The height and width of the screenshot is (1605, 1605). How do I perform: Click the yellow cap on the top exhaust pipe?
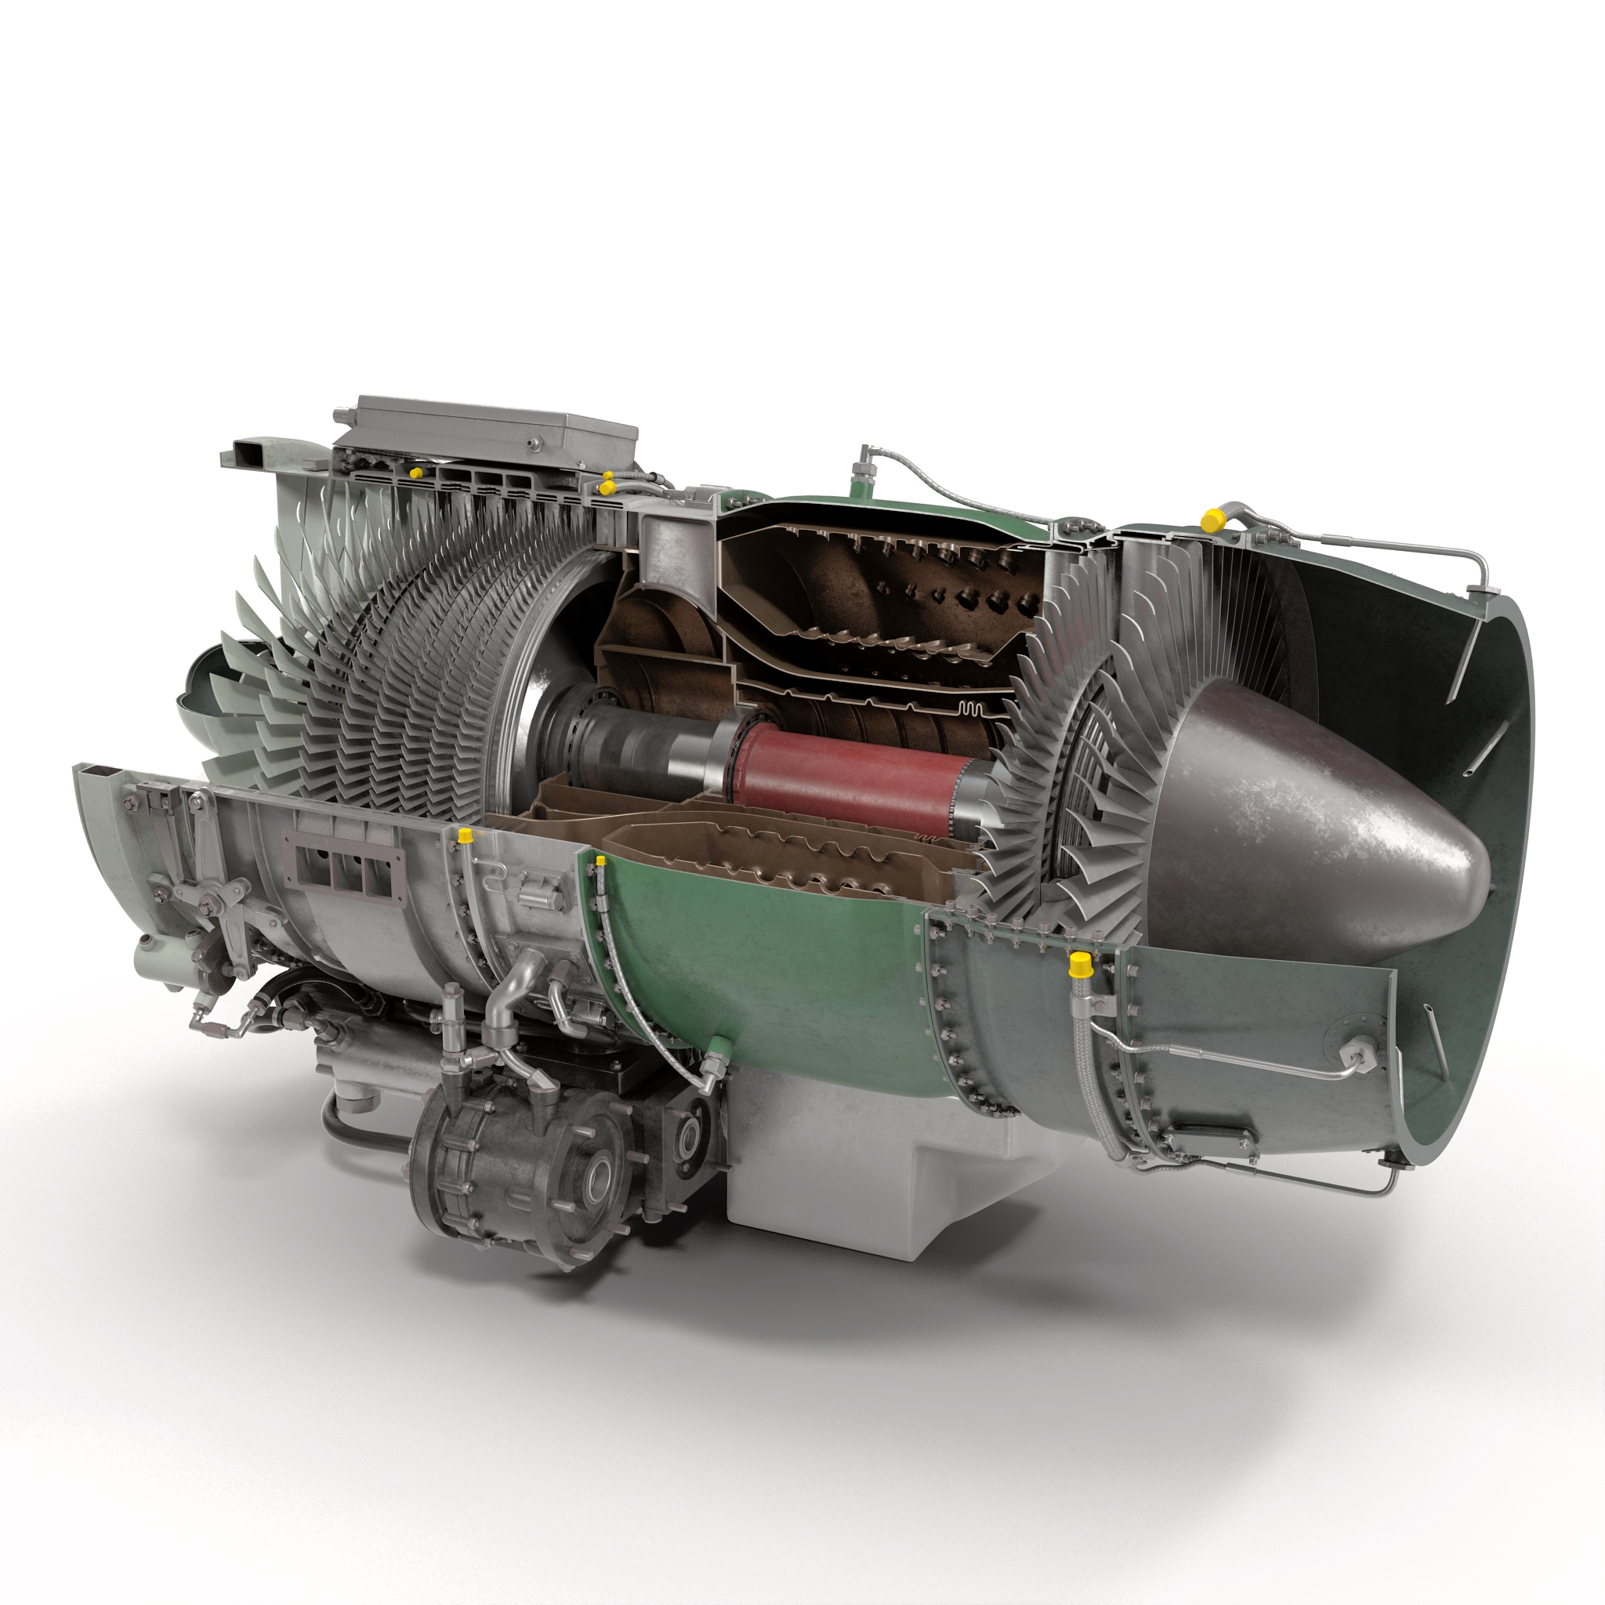coord(1212,520)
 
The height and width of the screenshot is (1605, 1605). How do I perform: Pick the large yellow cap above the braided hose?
coord(1079,965)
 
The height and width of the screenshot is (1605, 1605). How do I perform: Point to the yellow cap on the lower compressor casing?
coord(466,833)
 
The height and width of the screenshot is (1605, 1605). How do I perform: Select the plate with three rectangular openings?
coord(342,864)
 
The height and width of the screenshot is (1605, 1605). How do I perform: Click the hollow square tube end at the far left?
coord(92,777)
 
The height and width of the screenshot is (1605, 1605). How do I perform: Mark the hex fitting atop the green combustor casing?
coord(864,459)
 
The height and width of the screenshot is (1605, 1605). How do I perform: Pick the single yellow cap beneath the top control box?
coord(414,472)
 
